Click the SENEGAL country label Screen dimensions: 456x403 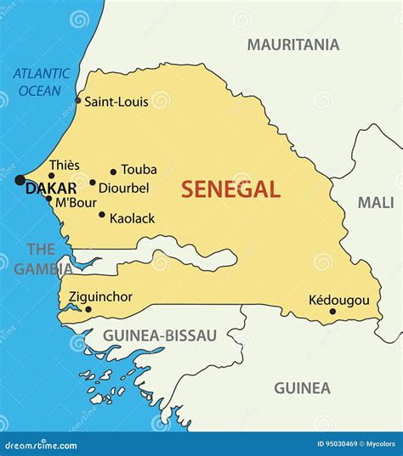click(230, 189)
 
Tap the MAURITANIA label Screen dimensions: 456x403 click(292, 44)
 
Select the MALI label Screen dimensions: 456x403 click(375, 202)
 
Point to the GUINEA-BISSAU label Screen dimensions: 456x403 click(160, 335)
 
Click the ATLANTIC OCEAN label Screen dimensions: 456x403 click(41, 82)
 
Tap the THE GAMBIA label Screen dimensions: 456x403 click(42, 259)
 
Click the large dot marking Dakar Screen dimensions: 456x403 click(20, 180)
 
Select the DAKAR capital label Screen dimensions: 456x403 click(51, 189)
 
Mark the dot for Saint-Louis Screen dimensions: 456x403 click(78, 101)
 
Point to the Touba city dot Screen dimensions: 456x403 click(113, 172)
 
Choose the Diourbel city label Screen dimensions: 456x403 click(125, 187)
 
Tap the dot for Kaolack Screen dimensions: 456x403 click(102, 215)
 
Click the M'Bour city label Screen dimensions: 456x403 click(74, 202)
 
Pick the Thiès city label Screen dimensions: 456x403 click(65, 165)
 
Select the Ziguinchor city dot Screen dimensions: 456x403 click(88, 309)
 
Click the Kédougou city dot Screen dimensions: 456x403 click(332, 312)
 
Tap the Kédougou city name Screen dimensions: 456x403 click(338, 300)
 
